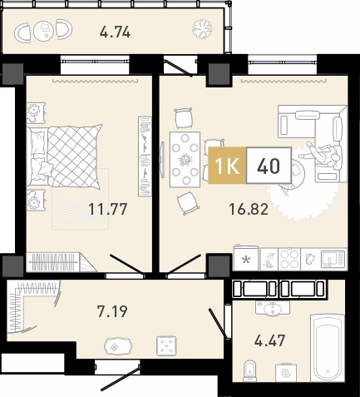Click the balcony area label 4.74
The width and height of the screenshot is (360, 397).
(x=115, y=32)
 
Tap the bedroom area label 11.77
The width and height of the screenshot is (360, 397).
(x=108, y=209)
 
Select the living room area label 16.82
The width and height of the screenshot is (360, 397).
(x=249, y=209)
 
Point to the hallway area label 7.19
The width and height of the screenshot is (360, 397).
(x=112, y=311)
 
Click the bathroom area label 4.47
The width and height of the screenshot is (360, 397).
(x=269, y=340)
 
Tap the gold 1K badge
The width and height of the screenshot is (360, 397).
(x=227, y=166)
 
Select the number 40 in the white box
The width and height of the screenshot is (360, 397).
(x=269, y=166)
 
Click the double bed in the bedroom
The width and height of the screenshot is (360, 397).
(x=65, y=156)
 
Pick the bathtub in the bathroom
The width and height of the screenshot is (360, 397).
(x=328, y=348)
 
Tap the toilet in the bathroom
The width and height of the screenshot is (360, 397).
(x=250, y=370)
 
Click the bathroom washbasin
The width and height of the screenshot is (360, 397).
(x=273, y=308)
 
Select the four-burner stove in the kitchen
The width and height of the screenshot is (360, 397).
(x=289, y=260)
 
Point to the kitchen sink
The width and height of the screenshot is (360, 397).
(x=333, y=259)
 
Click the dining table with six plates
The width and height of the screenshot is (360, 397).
(x=185, y=160)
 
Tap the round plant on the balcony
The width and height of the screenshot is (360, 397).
(x=202, y=29)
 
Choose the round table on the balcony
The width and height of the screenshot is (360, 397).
(x=44, y=30)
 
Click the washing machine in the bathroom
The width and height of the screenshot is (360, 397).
(x=286, y=372)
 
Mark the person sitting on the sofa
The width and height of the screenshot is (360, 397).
(x=322, y=154)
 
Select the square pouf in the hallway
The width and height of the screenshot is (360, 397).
(x=166, y=345)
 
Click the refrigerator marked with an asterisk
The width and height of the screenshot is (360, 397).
(x=245, y=259)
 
